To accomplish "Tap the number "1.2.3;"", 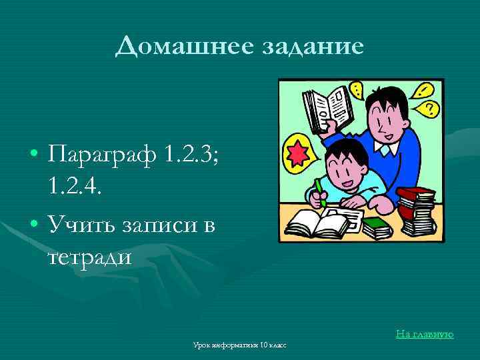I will click(200, 158).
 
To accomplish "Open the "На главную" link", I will click(425, 333).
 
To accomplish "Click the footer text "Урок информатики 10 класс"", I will click(239, 345).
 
